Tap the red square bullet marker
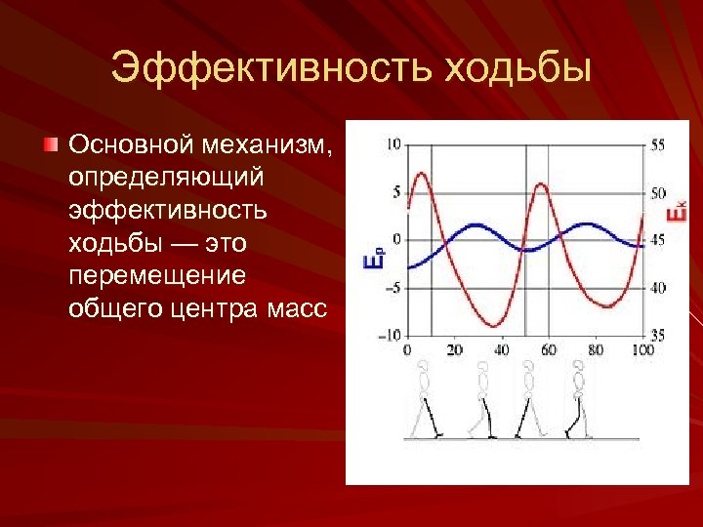51,144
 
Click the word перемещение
157,275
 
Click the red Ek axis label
676,212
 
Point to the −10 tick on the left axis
390,335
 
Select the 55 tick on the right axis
657,144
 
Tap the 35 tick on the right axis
657,335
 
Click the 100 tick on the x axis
641,350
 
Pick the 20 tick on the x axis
454,350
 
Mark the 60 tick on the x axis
549,350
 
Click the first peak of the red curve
421,174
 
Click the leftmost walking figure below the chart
425,399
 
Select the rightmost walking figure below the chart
579,399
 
